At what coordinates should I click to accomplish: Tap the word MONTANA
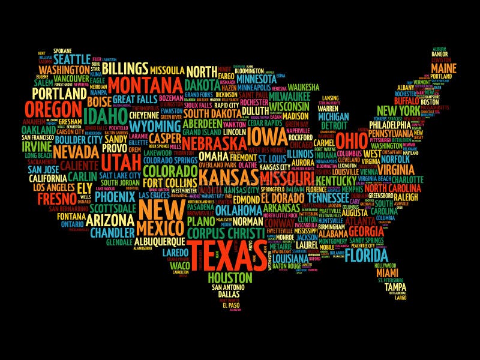click(146, 83)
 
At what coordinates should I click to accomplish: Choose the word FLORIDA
click(366, 256)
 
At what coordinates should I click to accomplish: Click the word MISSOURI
click(287, 178)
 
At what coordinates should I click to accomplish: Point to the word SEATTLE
click(71, 61)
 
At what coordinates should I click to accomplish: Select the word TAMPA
click(395, 287)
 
